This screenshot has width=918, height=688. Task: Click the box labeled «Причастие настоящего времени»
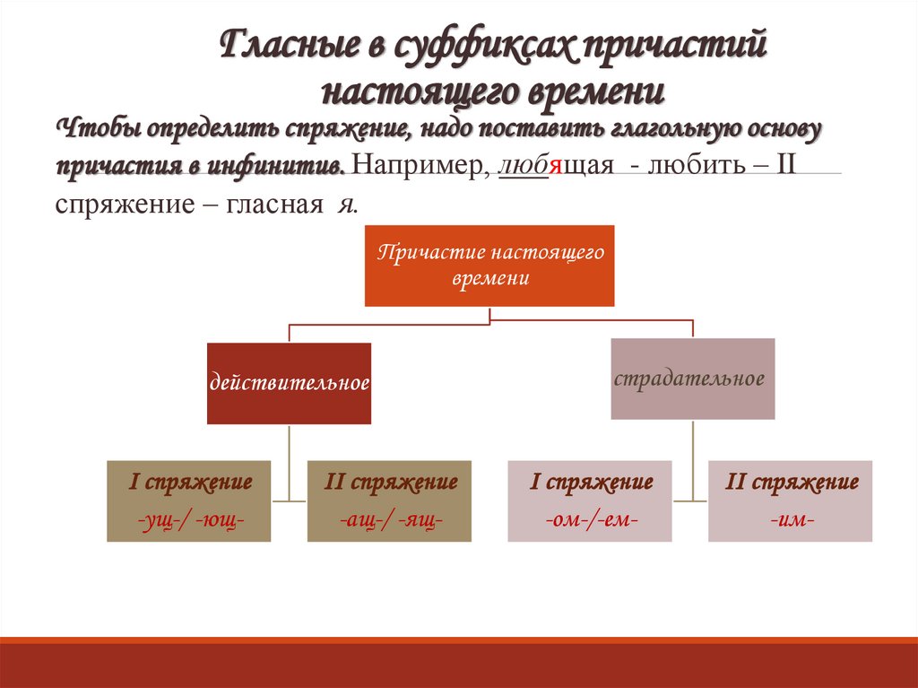coord(489,266)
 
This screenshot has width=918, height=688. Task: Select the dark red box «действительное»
coord(289,383)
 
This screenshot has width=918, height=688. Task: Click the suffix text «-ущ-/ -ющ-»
coord(190,519)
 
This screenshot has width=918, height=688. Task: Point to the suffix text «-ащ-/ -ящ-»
coord(390,519)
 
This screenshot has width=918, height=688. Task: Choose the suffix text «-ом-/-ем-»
coord(590,519)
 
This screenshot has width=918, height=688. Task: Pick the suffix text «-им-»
coord(790,519)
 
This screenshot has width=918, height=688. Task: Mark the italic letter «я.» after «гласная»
coord(346,205)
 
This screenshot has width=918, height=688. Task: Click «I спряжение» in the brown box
coord(190,482)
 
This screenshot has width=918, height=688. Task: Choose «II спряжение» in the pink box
coord(791,482)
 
